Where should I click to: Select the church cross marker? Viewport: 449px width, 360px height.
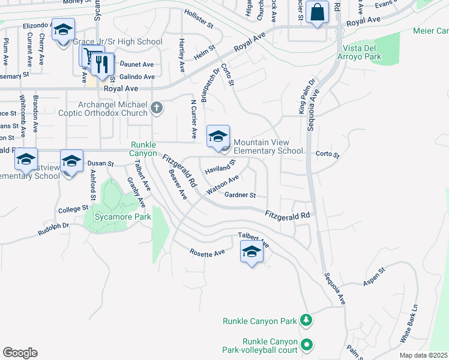(156, 108)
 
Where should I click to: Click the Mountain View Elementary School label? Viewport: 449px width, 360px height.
(268, 146)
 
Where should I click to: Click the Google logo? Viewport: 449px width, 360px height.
(20, 352)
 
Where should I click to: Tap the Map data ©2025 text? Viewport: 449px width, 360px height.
(423, 355)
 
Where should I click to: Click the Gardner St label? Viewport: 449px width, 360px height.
(240, 195)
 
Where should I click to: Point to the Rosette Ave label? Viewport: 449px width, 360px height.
(208, 253)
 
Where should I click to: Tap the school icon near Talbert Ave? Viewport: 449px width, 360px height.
(252, 251)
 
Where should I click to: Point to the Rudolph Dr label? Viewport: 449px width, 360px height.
(53, 229)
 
